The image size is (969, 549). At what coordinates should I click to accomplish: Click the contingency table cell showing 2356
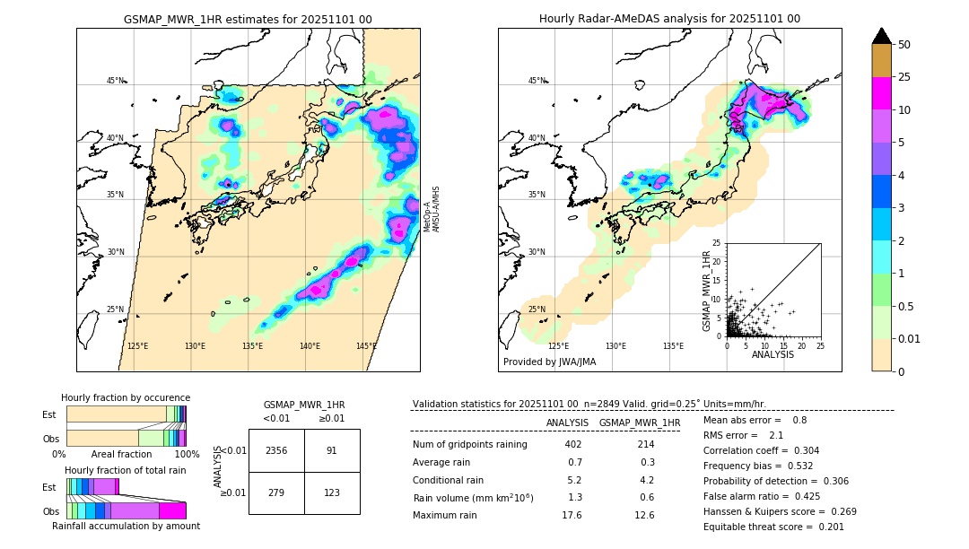276,450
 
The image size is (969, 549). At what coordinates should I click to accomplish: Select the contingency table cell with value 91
332,450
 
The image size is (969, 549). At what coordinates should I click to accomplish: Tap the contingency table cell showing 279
276,492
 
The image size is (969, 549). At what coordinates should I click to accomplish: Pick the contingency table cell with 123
332,492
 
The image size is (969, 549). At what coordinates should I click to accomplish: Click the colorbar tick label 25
904,77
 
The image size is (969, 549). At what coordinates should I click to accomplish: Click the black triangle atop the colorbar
882,36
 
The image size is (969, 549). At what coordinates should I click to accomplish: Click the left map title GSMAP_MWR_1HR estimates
248,19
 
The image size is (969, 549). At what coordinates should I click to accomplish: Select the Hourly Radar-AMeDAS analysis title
669,19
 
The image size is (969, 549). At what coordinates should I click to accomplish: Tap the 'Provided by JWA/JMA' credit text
549,362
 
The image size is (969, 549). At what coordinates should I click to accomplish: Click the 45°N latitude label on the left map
115,81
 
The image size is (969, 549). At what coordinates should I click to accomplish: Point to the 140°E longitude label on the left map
310,346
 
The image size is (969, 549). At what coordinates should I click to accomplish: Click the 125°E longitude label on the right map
558,346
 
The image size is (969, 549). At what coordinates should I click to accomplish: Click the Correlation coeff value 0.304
799,450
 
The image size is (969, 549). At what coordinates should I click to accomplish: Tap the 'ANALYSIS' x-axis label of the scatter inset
773,354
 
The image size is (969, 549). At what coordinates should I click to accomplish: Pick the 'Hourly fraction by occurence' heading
126,397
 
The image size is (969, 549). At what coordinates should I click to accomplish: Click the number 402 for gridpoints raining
572,444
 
